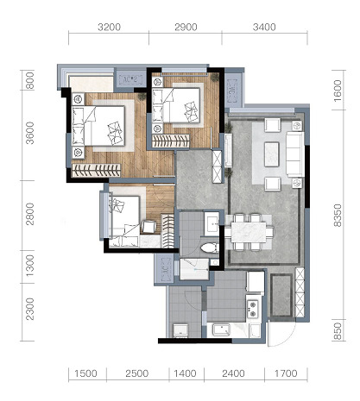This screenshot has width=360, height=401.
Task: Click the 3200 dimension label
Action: pyautogui.click(x=109, y=28)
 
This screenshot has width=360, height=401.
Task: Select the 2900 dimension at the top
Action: pyautogui.click(x=186, y=28)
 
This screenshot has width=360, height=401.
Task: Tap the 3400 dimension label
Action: pyautogui.click(x=264, y=28)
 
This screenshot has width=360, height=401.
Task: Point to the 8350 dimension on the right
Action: pyautogui.click(x=338, y=216)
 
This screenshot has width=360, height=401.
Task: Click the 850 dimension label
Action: pyautogui.click(x=338, y=331)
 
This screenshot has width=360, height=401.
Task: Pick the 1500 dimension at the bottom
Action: pyautogui.click(x=85, y=373)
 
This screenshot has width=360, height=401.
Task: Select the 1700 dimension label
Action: pyautogui.click(x=286, y=373)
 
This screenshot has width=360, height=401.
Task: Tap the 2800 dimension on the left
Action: pyautogui.click(x=29, y=214)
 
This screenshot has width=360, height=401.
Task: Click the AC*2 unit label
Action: pyautogui.click(x=129, y=79)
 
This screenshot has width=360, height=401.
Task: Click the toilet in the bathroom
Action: pyautogui.click(x=210, y=247)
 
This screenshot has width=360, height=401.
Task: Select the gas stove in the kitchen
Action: pyautogui.click(x=253, y=309)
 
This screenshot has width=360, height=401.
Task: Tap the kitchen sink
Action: pyautogui.click(x=221, y=329)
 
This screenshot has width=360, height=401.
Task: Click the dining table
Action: pyautogui.click(x=249, y=232)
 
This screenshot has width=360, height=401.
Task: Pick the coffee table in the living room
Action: pyautogui.click(x=272, y=154)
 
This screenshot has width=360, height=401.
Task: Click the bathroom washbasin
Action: pyautogui.click(x=212, y=224)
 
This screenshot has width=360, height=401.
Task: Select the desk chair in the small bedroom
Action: pyautogui.click(x=148, y=227)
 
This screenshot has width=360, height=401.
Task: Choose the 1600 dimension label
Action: pyautogui.click(x=338, y=91)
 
